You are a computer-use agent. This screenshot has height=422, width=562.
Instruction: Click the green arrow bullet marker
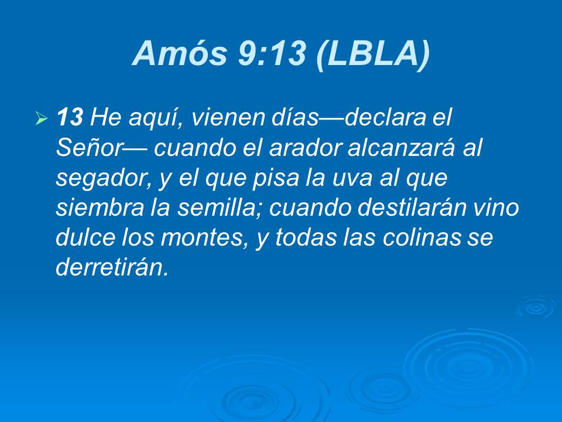pos(41,120)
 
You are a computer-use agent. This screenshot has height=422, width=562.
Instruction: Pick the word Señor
pos(88,148)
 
